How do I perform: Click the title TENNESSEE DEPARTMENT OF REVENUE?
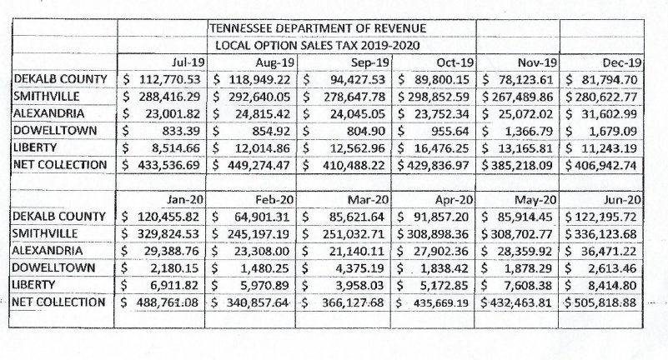coord(318,28)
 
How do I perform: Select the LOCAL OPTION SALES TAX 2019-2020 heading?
coord(318,46)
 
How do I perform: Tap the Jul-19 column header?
coord(188,62)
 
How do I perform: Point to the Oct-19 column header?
coord(455,62)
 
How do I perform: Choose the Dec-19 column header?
coord(622,62)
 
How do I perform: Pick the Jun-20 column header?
coord(622,199)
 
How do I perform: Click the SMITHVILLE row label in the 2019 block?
coord(47,96)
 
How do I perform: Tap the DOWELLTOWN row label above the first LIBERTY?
coord(55,130)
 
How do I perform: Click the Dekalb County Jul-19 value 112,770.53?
coord(169,79)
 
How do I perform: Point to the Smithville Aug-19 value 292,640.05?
coord(259,97)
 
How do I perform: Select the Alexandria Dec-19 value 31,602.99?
coord(609,114)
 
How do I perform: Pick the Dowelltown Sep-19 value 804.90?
coord(365,131)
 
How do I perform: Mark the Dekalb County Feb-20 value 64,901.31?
coord(262,217)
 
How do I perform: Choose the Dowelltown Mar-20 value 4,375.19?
coord(359,268)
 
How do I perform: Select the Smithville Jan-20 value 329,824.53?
coord(168,234)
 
